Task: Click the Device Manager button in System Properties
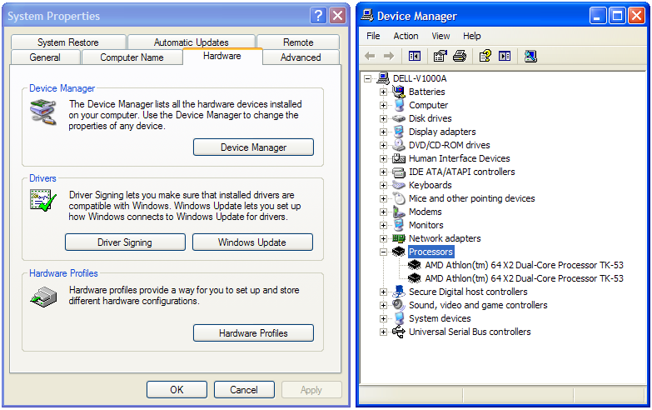(x=253, y=147)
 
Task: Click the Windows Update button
(x=252, y=242)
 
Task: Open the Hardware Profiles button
(x=253, y=333)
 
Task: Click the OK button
(x=177, y=390)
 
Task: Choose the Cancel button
(x=244, y=390)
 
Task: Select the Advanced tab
(x=301, y=57)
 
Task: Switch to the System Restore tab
(x=68, y=42)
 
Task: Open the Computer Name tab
(x=132, y=57)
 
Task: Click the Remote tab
(x=298, y=42)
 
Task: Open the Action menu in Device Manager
(x=406, y=36)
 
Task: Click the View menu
(x=440, y=36)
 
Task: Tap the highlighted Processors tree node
(x=431, y=252)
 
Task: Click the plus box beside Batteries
(x=383, y=92)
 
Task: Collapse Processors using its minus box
(x=383, y=252)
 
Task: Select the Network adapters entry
(x=445, y=238)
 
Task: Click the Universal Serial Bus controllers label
(x=470, y=332)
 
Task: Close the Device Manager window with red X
(x=636, y=16)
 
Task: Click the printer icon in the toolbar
(x=460, y=56)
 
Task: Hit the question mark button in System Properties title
(x=319, y=16)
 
